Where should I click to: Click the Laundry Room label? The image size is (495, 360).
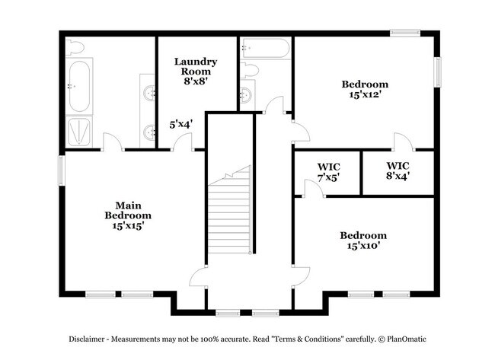click(x=196, y=66)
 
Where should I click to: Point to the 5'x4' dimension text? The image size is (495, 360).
click(x=181, y=123)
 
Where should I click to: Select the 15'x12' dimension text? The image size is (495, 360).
click(x=365, y=95)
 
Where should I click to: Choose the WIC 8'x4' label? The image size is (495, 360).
click(x=397, y=170)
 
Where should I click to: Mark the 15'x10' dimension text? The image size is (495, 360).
click(x=362, y=246)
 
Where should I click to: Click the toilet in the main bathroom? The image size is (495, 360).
click(x=74, y=48)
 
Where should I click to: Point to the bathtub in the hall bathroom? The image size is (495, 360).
click(x=265, y=49)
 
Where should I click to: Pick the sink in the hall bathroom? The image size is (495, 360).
click(x=246, y=95)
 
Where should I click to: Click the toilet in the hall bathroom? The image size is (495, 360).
click(x=252, y=71)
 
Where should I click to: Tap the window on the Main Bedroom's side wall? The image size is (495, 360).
click(x=61, y=169)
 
